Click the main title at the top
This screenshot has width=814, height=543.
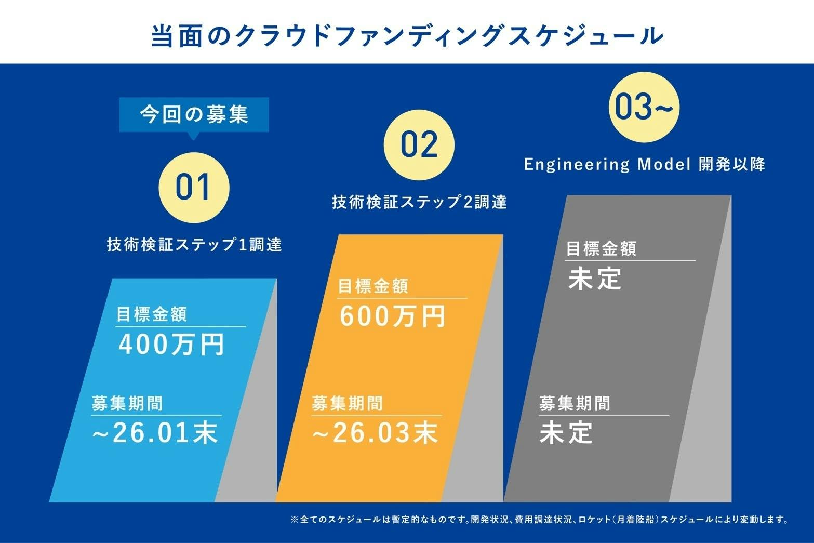click(407, 36)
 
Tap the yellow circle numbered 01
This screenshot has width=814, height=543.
click(193, 188)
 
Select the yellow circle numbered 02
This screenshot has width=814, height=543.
click(419, 145)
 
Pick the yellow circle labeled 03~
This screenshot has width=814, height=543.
click(644, 108)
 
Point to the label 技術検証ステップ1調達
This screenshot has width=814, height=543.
click(194, 244)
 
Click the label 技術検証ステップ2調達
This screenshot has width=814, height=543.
click(419, 202)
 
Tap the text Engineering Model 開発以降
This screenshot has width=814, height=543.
click(644, 165)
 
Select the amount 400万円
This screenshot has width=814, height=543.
click(172, 344)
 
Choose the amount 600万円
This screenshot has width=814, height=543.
click(393, 316)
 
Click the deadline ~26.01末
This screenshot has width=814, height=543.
click(155, 432)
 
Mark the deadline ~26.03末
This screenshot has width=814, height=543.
click(375, 432)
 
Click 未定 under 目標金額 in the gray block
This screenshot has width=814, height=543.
click(595, 279)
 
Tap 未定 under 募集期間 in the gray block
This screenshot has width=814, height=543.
click(566, 432)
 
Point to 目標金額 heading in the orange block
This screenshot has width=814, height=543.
click(373, 286)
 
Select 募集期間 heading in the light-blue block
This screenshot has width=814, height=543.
click(127, 404)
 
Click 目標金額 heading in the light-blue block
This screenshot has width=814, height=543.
click(151, 314)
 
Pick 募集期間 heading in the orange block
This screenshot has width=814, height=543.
click(347, 404)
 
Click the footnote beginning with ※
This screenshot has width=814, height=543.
click(539, 519)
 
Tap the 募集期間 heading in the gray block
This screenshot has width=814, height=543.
click(574, 404)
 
